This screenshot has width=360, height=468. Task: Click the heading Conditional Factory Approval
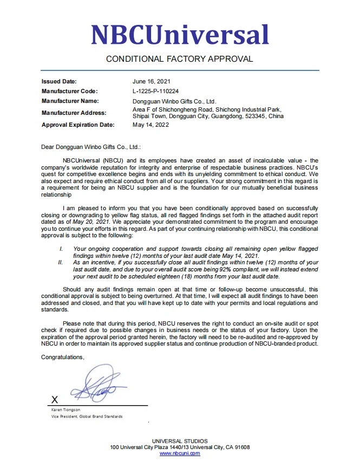[x=179, y=58]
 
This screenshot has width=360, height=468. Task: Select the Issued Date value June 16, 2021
[x=151, y=81]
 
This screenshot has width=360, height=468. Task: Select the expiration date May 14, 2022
[x=150, y=125]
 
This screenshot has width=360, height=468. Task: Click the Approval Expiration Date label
[x=78, y=125]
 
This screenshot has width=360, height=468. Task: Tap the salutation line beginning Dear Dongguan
[x=91, y=146]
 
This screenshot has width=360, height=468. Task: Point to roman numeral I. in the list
[x=61, y=249]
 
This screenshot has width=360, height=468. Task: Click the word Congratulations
[x=63, y=357]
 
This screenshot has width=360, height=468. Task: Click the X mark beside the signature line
[x=54, y=400]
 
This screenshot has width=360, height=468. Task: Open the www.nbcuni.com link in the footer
[x=179, y=453]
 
